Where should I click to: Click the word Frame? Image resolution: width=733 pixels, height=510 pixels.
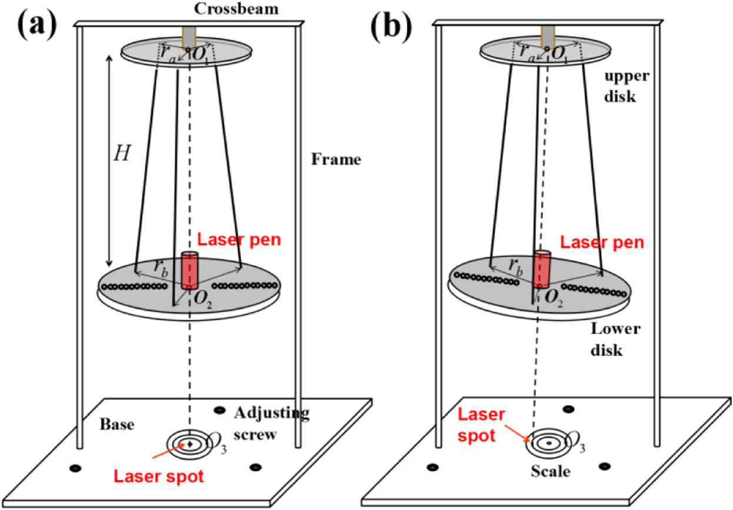[x=336, y=159]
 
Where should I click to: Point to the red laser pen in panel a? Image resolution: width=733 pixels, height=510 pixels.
[x=189, y=270]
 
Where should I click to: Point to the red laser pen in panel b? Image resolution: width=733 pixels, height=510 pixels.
[x=542, y=268]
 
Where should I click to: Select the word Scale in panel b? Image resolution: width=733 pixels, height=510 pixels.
[x=550, y=472]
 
